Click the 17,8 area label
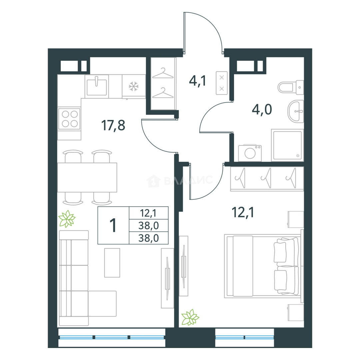pyautogui.click(x=113, y=125)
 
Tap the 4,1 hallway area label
pyautogui.click(x=197, y=81)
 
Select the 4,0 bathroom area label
pyautogui.click(x=262, y=109)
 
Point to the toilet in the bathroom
pyautogui.click(x=291, y=87)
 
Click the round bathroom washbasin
pyautogui.click(x=296, y=111)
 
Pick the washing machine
pyautogui.click(x=250, y=153)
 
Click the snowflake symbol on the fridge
pyautogui.click(x=133, y=86)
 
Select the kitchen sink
pyautogui.click(x=96, y=86)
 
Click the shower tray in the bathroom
pyautogui.click(x=287, y=145)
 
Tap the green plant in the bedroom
pyautogui.click(x=190, y=317)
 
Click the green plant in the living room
pyautogui.click(x=67, y=219)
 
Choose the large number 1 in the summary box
pyautogui.click(x=113, y=225)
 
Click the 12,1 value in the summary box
pyautogui.click(x=148, y=213)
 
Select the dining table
pyautogui.click(x=87, y=177)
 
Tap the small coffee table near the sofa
pyautogui.click(x=112, y=263)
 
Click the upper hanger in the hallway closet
pyautogui.click(x=163, y=73)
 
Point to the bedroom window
pyautogui.click(x=245, y=337)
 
